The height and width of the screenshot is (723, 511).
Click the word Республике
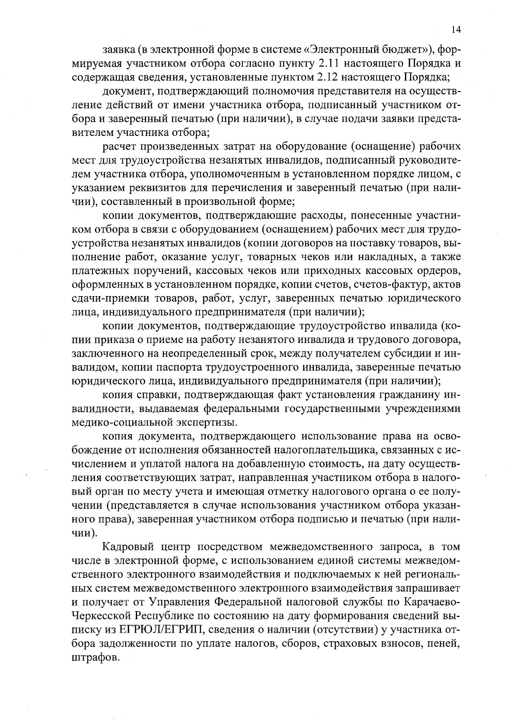[x=165, y=616]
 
